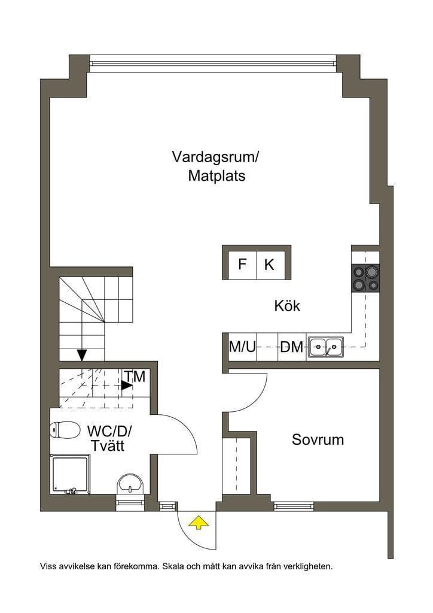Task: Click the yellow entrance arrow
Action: [x=199, y=522]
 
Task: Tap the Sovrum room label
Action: [x=318, y=439]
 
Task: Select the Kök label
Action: [x=287, y=306]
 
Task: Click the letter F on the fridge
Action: [x=242, y=264]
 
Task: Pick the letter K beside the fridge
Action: [x=269, y=265]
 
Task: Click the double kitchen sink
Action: [x=327, y=347]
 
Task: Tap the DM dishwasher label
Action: [x=292, y=347]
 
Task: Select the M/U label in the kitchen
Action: [x=242, y=347]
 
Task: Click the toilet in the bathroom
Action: [x=65, y=430]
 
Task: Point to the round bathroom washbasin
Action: [x=130, y=484]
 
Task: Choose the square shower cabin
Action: [x=70, y=474]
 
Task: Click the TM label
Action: [x=135, y=377]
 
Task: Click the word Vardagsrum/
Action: [x=216, y=157]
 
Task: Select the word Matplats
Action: [x=216, y=176]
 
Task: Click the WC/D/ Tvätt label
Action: [x=109, y=439]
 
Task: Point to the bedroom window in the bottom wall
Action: [x=294, y=507]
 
